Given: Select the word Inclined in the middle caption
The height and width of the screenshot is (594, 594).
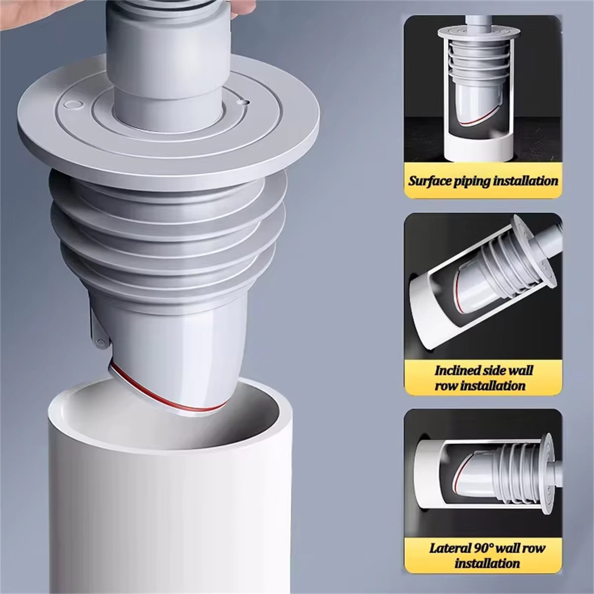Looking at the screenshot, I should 457,370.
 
